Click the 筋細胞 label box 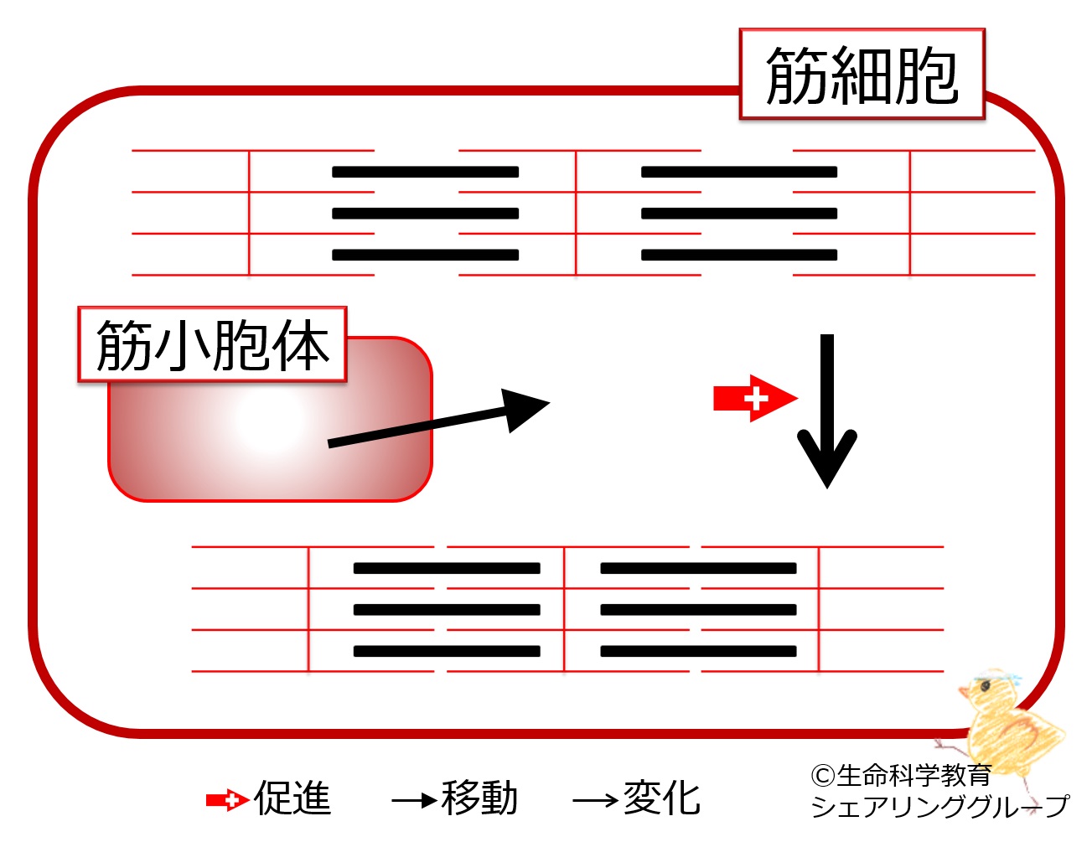click(862, 74)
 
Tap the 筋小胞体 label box click(212, 344)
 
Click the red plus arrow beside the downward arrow click(755, 399)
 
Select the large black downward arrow click(827, 411)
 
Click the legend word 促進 click(293, 798)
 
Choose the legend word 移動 click(479, 798)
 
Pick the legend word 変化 click(662, 798)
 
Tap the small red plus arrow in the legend click(228, 800)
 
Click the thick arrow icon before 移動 click(414, 800)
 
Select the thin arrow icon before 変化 click(596, 800)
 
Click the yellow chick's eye click(985, 686)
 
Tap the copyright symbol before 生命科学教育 click(823, 775)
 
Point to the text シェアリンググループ click(939, 806)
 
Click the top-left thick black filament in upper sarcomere click(425, 172)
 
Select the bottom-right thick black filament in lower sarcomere click(698, 651)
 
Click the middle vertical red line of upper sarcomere click(576, 213)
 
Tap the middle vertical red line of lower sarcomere click(564, 609)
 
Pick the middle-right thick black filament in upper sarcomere click(739, 214)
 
